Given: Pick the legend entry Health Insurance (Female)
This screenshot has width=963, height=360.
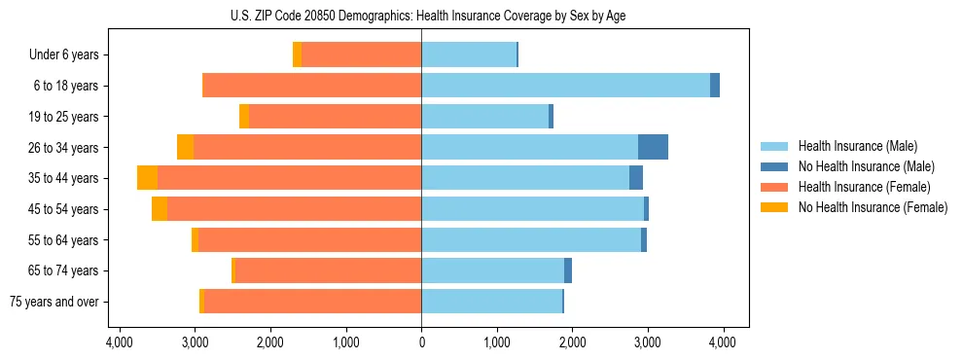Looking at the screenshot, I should (x=858, y=187).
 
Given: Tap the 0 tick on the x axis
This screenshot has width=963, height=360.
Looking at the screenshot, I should (x=421, y=342).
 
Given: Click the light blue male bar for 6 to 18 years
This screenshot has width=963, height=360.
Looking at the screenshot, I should (x=565, y=86).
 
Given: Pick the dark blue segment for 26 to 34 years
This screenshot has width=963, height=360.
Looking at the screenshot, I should (x=653, y=147).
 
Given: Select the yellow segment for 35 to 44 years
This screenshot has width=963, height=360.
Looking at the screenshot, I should (x=147, y=178).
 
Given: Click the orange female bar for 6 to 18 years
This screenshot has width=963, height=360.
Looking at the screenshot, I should (x=311, y=86).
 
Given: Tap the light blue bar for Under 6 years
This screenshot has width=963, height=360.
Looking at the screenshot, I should (x=468, y=54).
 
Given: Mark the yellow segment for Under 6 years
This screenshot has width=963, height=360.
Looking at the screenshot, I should (x=297, y=54).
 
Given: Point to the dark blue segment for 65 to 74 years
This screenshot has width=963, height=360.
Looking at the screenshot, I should (x=568, y=270).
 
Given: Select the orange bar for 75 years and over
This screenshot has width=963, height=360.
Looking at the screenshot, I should (x=312, y=302).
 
